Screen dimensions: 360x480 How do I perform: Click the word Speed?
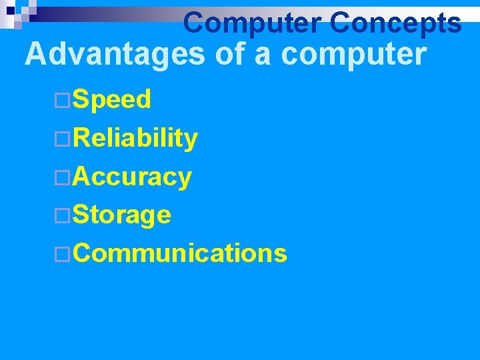[112, 100]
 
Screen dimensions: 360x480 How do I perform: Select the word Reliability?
[135, 139]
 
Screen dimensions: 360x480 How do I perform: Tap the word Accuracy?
[133, 177]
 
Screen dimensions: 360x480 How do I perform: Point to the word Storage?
[122, 215]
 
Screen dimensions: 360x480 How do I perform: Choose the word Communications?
[180, 253]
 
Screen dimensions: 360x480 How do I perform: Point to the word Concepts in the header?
[395, 23]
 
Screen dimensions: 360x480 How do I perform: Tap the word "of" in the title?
[230, 55]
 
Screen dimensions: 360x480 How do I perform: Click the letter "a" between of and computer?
[263, 56]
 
